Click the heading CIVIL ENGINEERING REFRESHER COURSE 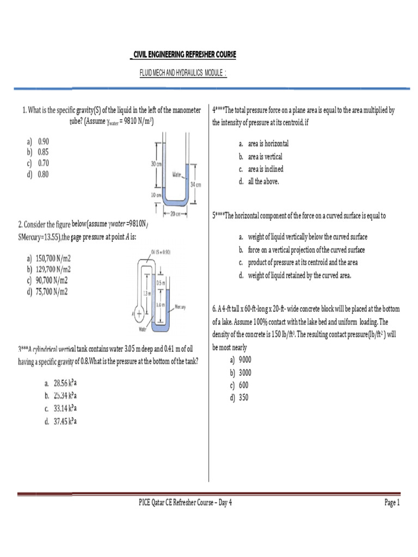click(184, 55)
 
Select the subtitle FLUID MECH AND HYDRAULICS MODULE click(183, 73)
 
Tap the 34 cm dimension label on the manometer click(195, 185)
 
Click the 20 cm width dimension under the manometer click(175, 213)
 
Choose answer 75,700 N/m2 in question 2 click(52, 292)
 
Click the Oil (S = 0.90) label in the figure click(161, 252)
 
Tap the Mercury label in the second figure click(181, 307)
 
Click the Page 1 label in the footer click(392, 503)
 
